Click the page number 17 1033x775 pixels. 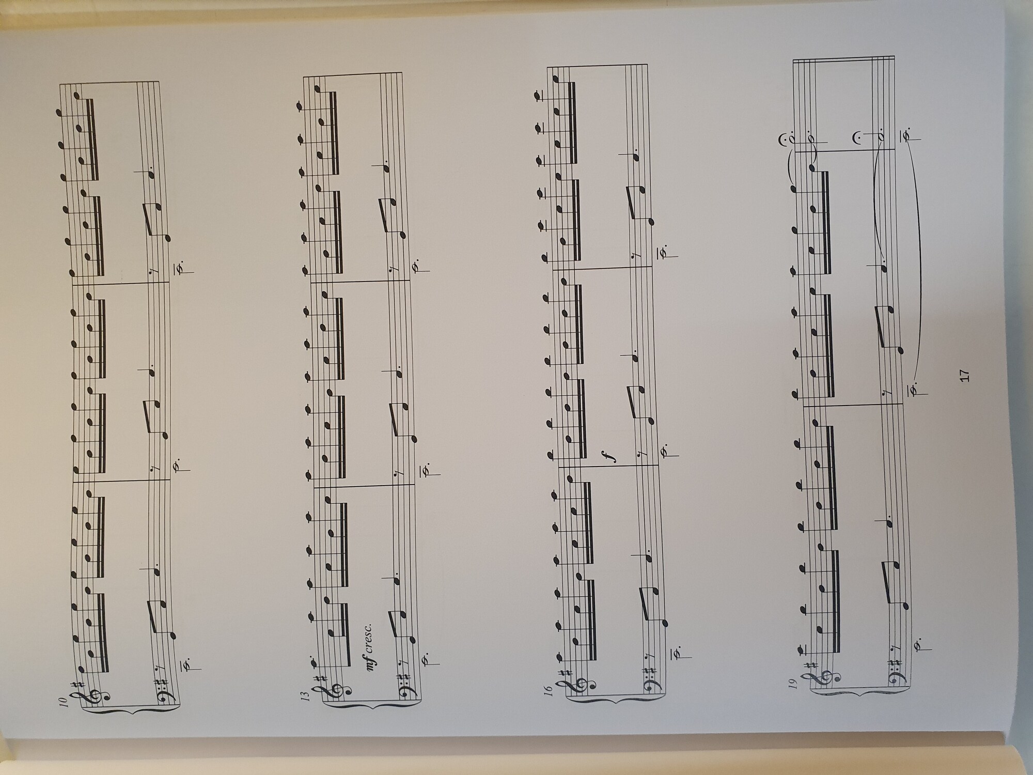point(964,375)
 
